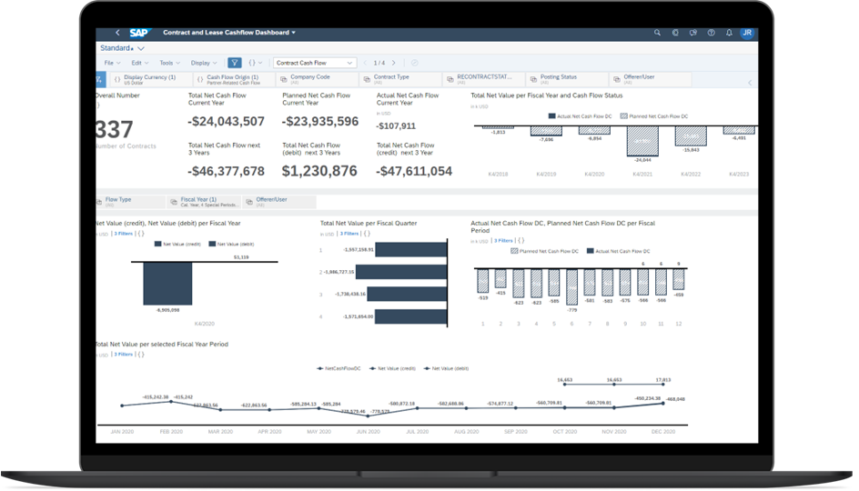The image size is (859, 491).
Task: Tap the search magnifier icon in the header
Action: click(x=657, y=33)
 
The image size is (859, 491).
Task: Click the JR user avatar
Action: click(x=746, y=33)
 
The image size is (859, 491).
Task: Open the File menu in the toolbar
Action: click(x=112, y=63)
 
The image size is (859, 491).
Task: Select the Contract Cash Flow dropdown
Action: click(x=314, y=63)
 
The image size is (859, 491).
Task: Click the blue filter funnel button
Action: click(x=235, y=63)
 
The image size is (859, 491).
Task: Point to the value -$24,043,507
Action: click(x=226, y=121)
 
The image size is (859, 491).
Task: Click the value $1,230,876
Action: click(x=319, y=170)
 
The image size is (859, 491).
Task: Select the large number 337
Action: click(x=114, y=129)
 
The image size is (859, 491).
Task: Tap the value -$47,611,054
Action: click(x=414, y=170)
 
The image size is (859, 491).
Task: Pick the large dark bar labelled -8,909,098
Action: click(x=167, y=284)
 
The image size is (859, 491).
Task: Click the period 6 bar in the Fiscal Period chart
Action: click(x=571, y=286)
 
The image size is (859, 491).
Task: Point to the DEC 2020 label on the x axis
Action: click(x=662, y=431)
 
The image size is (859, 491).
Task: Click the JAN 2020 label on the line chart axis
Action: click(x=121, y=431)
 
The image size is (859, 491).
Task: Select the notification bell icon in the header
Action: click(x=729, y=33)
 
